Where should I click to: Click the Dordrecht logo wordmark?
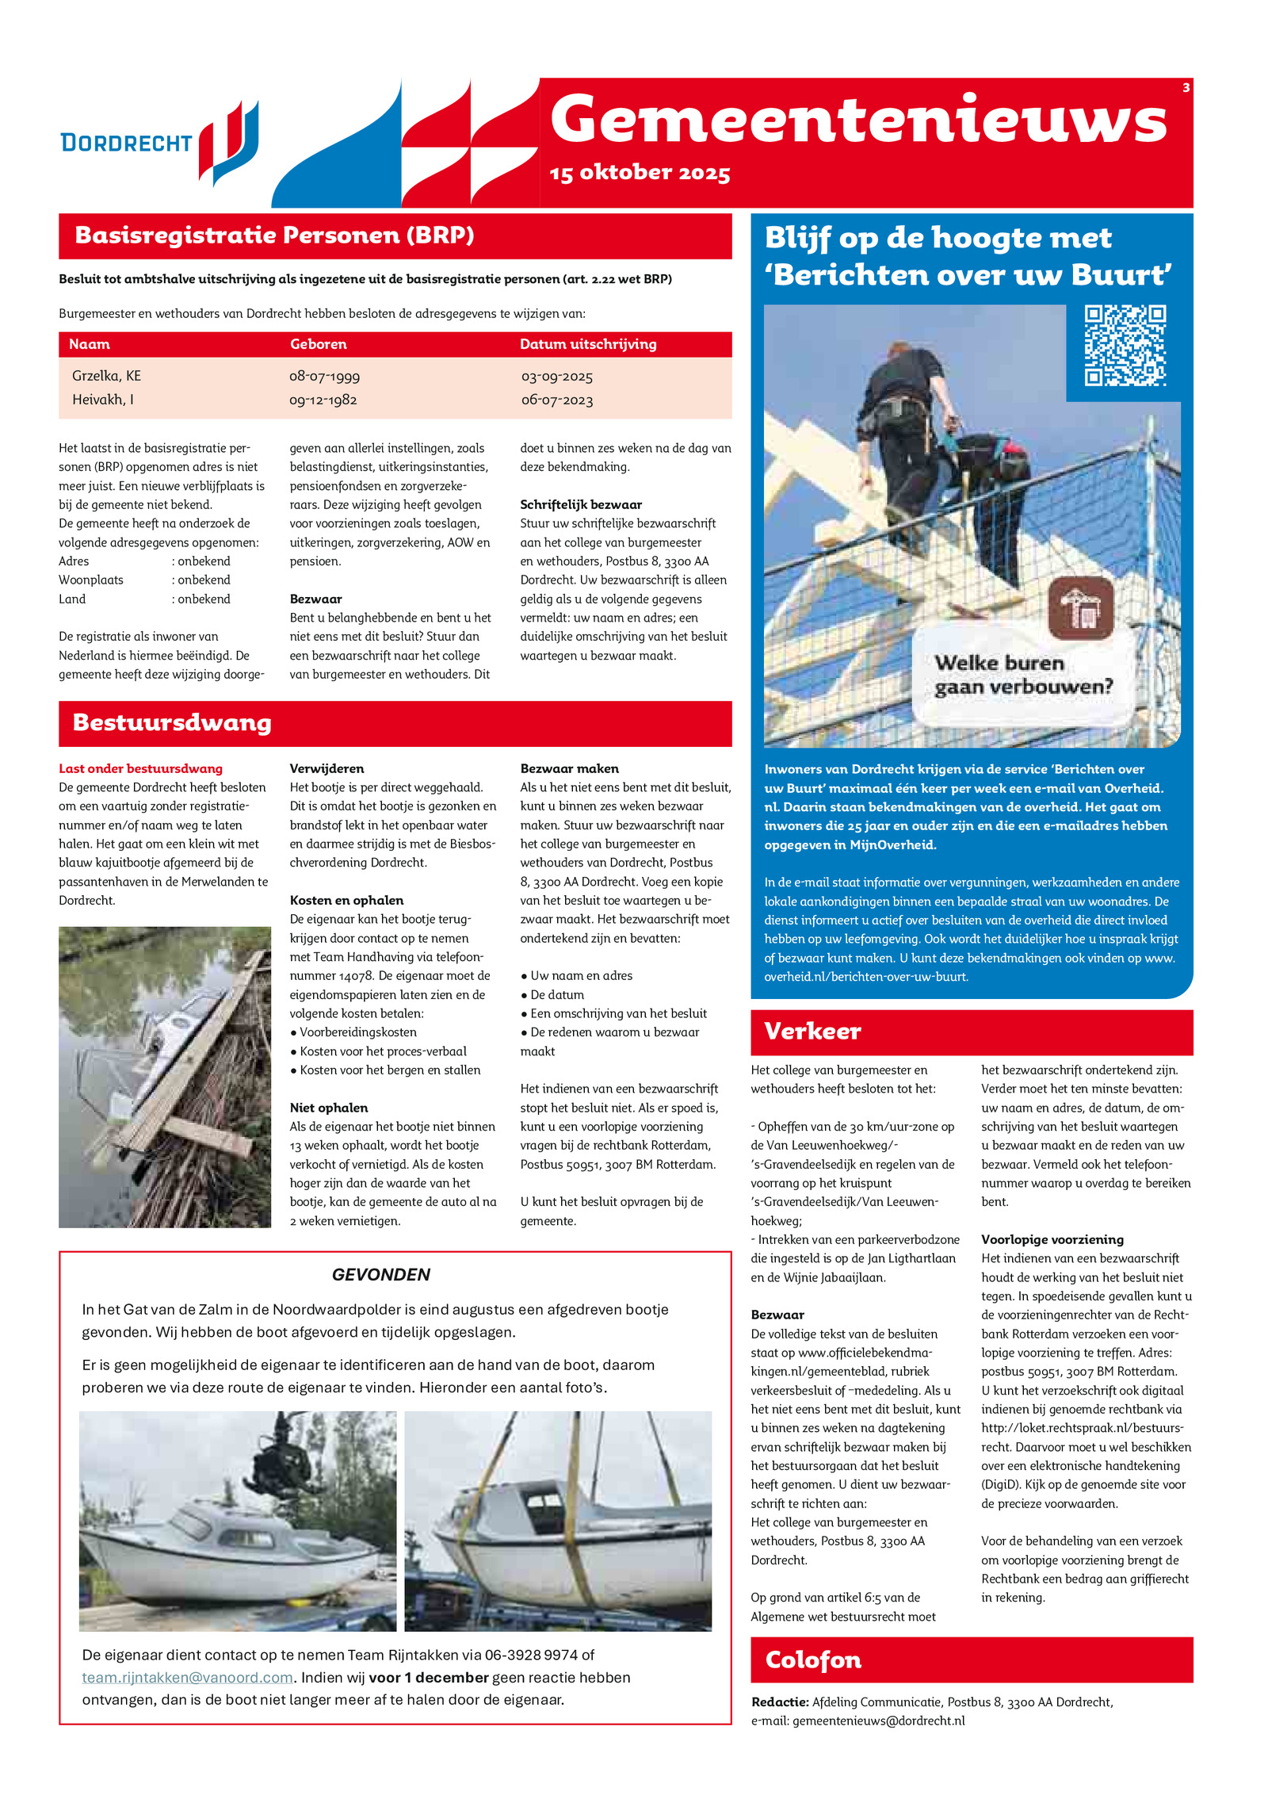pyautogui.click(x=127, y=143)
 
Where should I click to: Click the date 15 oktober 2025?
pyautogui.click(x=640, y=173)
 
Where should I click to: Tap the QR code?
pyautogui.click(x=1125, y=346)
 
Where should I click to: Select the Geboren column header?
pyautogui.click(x=318, y=344)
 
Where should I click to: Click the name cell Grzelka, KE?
pyautogui.click(x=106, y=376)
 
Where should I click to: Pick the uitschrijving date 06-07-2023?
pyautogui.click(x=556, y=400)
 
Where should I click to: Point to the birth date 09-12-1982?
pyautogui.click(x=323, y=400)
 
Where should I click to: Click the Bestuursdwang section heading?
pyautogui.click(x=172, y=722)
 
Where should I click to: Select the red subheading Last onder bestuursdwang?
pyautogui.click(x=140, y=768)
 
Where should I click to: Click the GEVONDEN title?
pyautogui.click(x=380, y=1274)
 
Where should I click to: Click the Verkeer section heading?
pyautogui.click(x=812, y=1031)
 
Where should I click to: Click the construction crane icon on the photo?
pyautogui.click(x=1081, y=608)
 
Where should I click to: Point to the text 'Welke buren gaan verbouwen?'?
pyautogui.click(x=1022, y=675)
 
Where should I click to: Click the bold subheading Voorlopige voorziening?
pyautogui.click(x=1052, y=1239)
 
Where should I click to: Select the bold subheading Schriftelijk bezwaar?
pyautogui.click(x=580, y=504)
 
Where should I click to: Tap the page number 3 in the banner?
pyautogui.click(x=1186, y=88)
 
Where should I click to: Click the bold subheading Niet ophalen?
pyautogui.click(x=328, y=1108)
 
